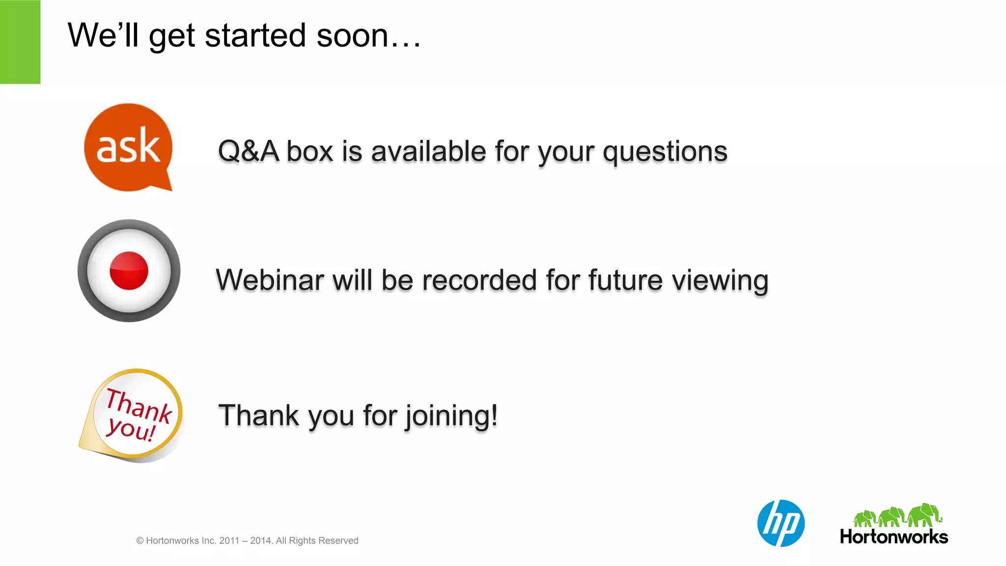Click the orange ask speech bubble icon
tap(128, 146)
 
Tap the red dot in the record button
tap(129, 270)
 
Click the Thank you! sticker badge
tap(133, 415)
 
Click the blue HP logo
tap(781, 523)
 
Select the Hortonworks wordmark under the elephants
tap(894, 537)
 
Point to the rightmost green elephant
tap(925, 515)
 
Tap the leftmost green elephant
tap(865, 518)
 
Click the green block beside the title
tap(20, 42)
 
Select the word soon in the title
tap(353, 36)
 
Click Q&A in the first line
tap(248, 151)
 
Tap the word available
tap(428, 151)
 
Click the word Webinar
tap(270, 280)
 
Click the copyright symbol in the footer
tap(140, 541)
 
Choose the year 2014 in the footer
tap(260, 540)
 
